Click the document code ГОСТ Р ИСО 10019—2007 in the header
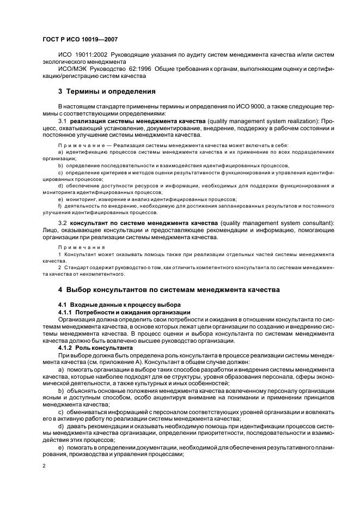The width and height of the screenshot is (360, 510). [80, 39]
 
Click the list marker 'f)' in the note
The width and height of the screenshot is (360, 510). [60, 207]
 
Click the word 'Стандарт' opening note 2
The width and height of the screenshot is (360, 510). [78, 267]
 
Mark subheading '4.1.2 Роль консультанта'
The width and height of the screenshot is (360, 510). [95, 347]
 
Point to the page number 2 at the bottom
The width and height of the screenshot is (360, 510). [44, 467]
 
